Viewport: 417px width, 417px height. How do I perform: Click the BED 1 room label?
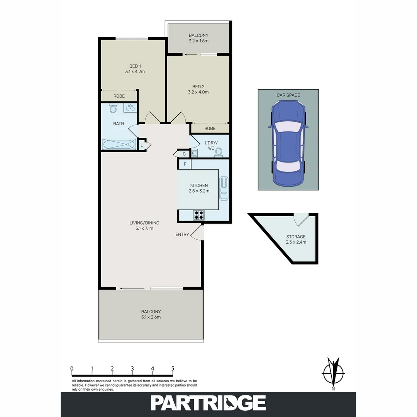point(134,66)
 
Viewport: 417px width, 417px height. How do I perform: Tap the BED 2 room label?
point(200,86)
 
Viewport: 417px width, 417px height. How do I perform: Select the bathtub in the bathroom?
point(119,144)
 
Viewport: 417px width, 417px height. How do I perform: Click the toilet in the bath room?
point(113,108)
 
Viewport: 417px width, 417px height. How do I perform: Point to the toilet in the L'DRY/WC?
point(219,152)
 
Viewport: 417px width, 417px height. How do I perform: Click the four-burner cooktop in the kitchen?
point(198,215)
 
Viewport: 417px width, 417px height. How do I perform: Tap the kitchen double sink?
point(224,188)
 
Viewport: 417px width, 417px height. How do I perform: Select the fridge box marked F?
point(185,164)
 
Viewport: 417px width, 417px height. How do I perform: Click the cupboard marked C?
point(184,154)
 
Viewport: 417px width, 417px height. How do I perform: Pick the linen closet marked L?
point(142,146)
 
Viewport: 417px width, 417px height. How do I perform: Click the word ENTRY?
point(182,234)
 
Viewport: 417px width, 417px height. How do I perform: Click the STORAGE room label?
point(296,237)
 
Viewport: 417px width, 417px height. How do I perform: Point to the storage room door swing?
point(300,220)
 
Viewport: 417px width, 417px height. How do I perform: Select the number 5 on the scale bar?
point(173,368)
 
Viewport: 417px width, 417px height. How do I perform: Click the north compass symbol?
point(333,373)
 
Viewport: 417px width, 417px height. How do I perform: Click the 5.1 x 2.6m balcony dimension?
point(151,317)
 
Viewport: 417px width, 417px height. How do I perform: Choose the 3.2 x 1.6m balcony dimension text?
point(198,41)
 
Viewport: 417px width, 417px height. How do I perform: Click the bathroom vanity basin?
point(130,108)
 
